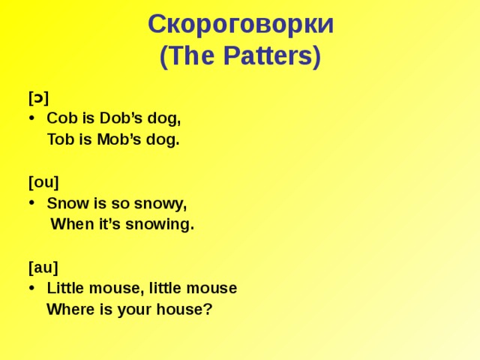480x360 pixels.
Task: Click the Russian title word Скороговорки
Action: (x=241, y=25)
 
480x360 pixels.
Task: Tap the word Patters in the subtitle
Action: (x=271, y=56)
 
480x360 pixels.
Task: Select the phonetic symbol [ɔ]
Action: (x=38, y=97)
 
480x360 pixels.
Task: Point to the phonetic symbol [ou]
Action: (x=43, y=182)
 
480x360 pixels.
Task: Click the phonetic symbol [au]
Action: (x=43, y=267)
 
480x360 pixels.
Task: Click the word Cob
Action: (x=59, y=118)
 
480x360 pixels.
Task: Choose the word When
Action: (x=70, y=224)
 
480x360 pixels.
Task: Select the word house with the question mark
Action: (x=187, y=309)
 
